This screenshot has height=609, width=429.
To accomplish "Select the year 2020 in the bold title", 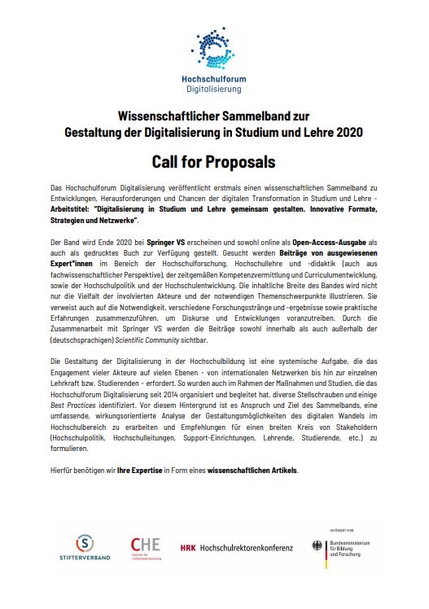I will click(348, 131).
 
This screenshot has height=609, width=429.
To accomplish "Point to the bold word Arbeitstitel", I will click(74, 209).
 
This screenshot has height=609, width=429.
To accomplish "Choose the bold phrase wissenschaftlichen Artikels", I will click(253, 470).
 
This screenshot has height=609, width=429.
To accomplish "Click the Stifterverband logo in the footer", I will click(84, 551).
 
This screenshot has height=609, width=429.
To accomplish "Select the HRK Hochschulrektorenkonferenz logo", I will click(236, 549).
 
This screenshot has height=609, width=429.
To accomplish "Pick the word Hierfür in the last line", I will click(63, 470).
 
